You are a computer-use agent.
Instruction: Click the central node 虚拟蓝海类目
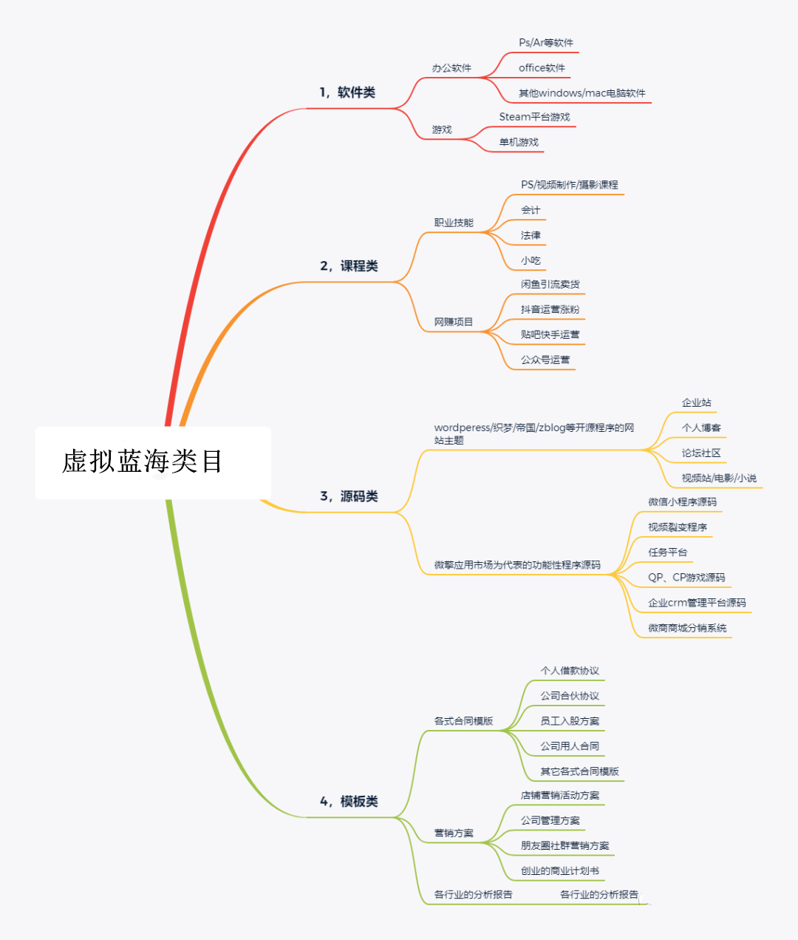143,461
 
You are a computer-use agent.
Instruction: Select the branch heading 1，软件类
347,92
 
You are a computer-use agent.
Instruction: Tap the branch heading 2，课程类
349,266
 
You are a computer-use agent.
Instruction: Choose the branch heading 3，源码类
349,496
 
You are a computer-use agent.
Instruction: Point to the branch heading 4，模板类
349,802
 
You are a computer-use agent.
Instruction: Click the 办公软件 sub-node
451,68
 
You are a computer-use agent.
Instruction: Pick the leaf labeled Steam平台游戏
534,117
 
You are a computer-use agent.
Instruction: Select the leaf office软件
542,68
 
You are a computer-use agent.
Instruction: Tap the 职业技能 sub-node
454,223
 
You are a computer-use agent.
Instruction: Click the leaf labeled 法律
531,235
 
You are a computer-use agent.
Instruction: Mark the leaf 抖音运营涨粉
550,309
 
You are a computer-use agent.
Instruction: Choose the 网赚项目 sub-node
454,322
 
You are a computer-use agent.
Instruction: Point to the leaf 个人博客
701,427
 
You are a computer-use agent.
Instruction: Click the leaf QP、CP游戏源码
686,578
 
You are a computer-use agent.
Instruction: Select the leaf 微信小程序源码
682,502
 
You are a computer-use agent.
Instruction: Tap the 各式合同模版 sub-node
463,721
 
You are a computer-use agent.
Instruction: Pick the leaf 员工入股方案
570,721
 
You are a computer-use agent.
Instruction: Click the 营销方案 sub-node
454,834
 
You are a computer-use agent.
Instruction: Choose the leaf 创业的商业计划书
559,871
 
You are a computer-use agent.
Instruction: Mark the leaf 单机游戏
519,142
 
